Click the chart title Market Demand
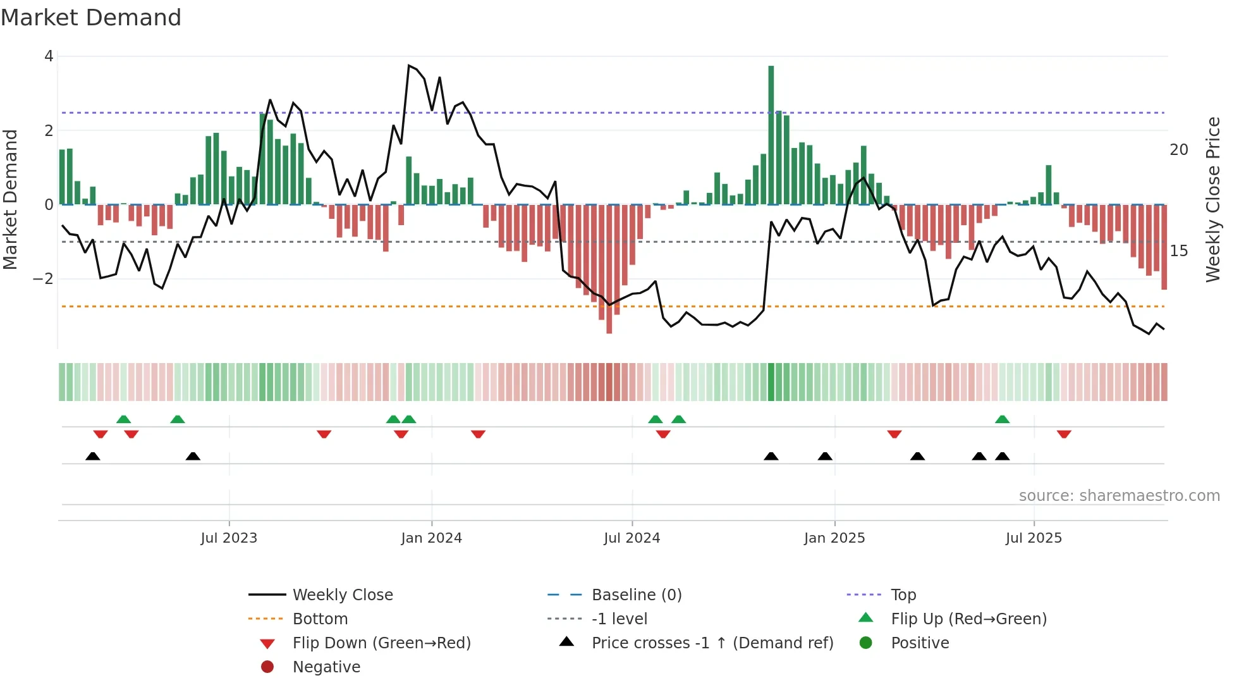(91, 18)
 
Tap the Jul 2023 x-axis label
(229, 538)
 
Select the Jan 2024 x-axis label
(431, 538)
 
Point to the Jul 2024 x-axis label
(632, 538)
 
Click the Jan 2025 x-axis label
(834, 538)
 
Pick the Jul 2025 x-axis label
(1034, 538)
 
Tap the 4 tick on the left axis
(49, 56)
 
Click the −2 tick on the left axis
(43, 279)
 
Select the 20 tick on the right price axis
(1179, 150)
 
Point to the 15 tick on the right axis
(1179, 251)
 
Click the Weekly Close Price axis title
(1212, 199)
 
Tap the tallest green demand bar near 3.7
(771, 133)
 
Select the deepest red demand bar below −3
(609, 272)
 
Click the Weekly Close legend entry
(342, 595)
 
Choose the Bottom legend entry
(320, 619)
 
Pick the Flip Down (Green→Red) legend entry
(381, 643)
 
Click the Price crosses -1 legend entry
(712, 643)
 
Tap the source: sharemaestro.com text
(1119, 496)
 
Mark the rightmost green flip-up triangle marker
(1002, 419)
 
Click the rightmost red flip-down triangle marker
(1064, 434)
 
